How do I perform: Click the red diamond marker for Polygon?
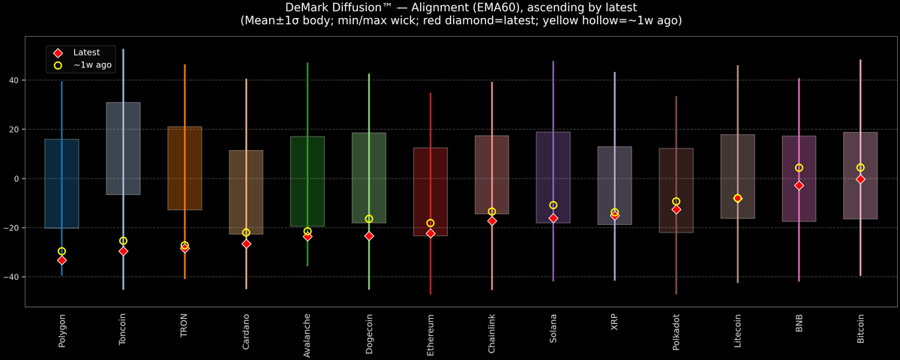pyautogui.click(x=61, y=260)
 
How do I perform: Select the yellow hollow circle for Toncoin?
pyautogui.click(x=123, y=241)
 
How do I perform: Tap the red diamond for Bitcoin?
pyautogui.click(x=860, y=179)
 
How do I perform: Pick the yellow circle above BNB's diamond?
pyautogui.click(x=799, y=168)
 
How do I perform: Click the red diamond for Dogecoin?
pyautogui.click(x=369, y=235)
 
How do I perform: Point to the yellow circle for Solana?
pyautogui.click(x=553, y=205)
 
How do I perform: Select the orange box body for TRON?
pyautogui.click(x=184, y=168)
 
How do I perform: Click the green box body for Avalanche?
pyautogui.click(x=307, y=181)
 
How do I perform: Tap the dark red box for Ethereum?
pyautogui.click(x=430, y=191)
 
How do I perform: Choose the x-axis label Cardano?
pyautogui.click(x=246, y=331)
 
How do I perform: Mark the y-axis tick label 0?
pyautogui.click(x=16, y=178)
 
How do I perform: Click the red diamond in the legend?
pyautogui.click(x=57, y=52)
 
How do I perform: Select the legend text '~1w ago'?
pyautogui.click(x=92, y=65)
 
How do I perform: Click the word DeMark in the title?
pyautogui.click(x=308, y=7)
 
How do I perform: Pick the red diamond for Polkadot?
pyautogui.click(x=676, y=209)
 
